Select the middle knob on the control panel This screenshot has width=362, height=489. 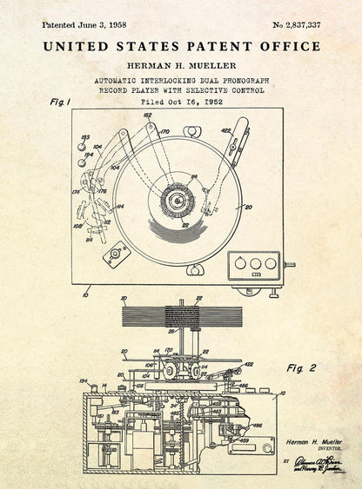point(254,264)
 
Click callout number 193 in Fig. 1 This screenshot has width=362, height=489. point(84,137)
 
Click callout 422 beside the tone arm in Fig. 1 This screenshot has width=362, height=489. point(225,131)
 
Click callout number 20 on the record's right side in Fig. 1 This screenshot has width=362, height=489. point(248,208)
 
